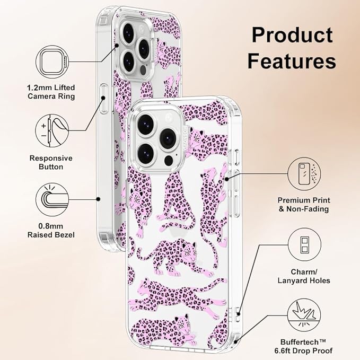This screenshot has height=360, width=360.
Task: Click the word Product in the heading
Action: click(292, 35)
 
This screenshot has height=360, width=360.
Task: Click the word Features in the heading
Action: click(292, 61)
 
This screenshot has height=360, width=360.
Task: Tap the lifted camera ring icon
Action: click(52, 62)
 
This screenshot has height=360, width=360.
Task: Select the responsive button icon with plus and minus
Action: click(52, 130)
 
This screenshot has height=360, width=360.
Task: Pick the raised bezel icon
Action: click(52, 199)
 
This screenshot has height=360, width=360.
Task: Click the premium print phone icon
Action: click(304, 174)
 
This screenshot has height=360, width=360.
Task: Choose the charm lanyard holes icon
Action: click(304, 244)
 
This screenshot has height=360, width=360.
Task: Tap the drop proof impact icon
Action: click(304, 315)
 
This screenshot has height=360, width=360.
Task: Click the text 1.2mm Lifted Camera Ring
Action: click(51, 92)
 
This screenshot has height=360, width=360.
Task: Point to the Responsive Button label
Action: click(51, 162)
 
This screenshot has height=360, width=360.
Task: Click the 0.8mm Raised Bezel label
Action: click(51, 231)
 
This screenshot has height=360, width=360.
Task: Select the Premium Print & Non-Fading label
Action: click(304, 205)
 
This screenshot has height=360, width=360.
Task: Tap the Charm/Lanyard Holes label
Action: click(304, 276)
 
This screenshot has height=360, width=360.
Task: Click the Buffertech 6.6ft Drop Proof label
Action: click(303, 346)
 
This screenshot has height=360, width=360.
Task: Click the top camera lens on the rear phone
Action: click(128, 32)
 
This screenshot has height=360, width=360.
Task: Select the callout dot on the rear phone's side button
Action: click(103, 98)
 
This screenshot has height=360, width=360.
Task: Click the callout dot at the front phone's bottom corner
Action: click(235, 342)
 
